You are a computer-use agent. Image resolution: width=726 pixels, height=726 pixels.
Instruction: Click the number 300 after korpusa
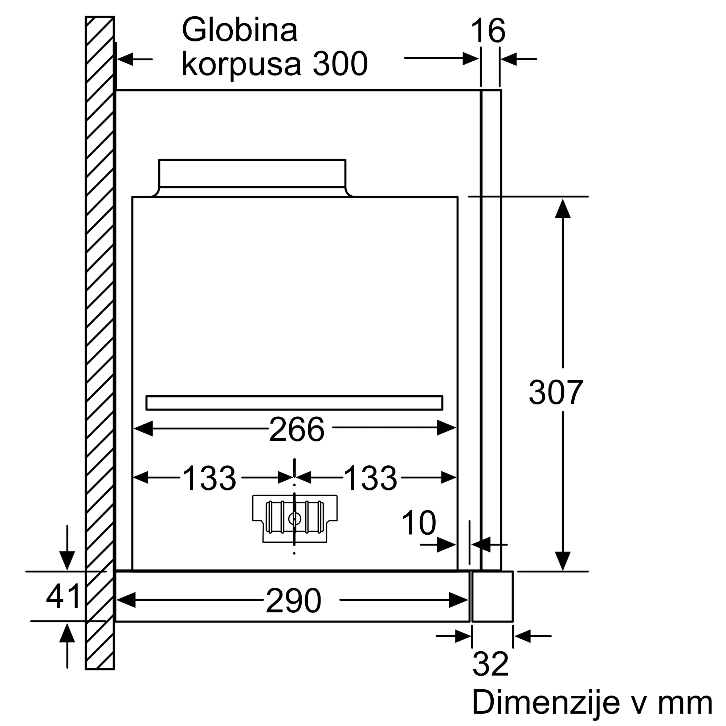[340, 64]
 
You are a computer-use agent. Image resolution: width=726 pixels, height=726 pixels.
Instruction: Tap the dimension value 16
[488, 32]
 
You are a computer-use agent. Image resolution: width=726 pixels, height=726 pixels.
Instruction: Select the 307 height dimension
[556, 393]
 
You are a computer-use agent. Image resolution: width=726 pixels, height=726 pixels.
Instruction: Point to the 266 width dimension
[297, 429]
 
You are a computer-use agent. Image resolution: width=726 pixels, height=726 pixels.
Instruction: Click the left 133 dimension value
[209, 478]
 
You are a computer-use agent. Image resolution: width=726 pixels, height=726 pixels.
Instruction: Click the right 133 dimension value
[370, 478]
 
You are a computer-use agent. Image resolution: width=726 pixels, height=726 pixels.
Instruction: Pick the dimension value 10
[419, 523]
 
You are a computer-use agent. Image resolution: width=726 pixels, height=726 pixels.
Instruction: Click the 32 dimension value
[490, 664]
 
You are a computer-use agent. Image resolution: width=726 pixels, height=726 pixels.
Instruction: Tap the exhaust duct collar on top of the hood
[252, 173]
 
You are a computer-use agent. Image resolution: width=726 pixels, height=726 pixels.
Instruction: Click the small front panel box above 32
[492, 596]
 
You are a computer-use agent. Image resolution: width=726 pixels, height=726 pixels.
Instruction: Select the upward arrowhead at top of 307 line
[563, 209]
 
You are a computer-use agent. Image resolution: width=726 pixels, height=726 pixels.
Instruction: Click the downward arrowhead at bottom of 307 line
[563, 561]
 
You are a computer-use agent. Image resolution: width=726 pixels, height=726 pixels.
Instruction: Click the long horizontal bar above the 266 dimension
[294, 403]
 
